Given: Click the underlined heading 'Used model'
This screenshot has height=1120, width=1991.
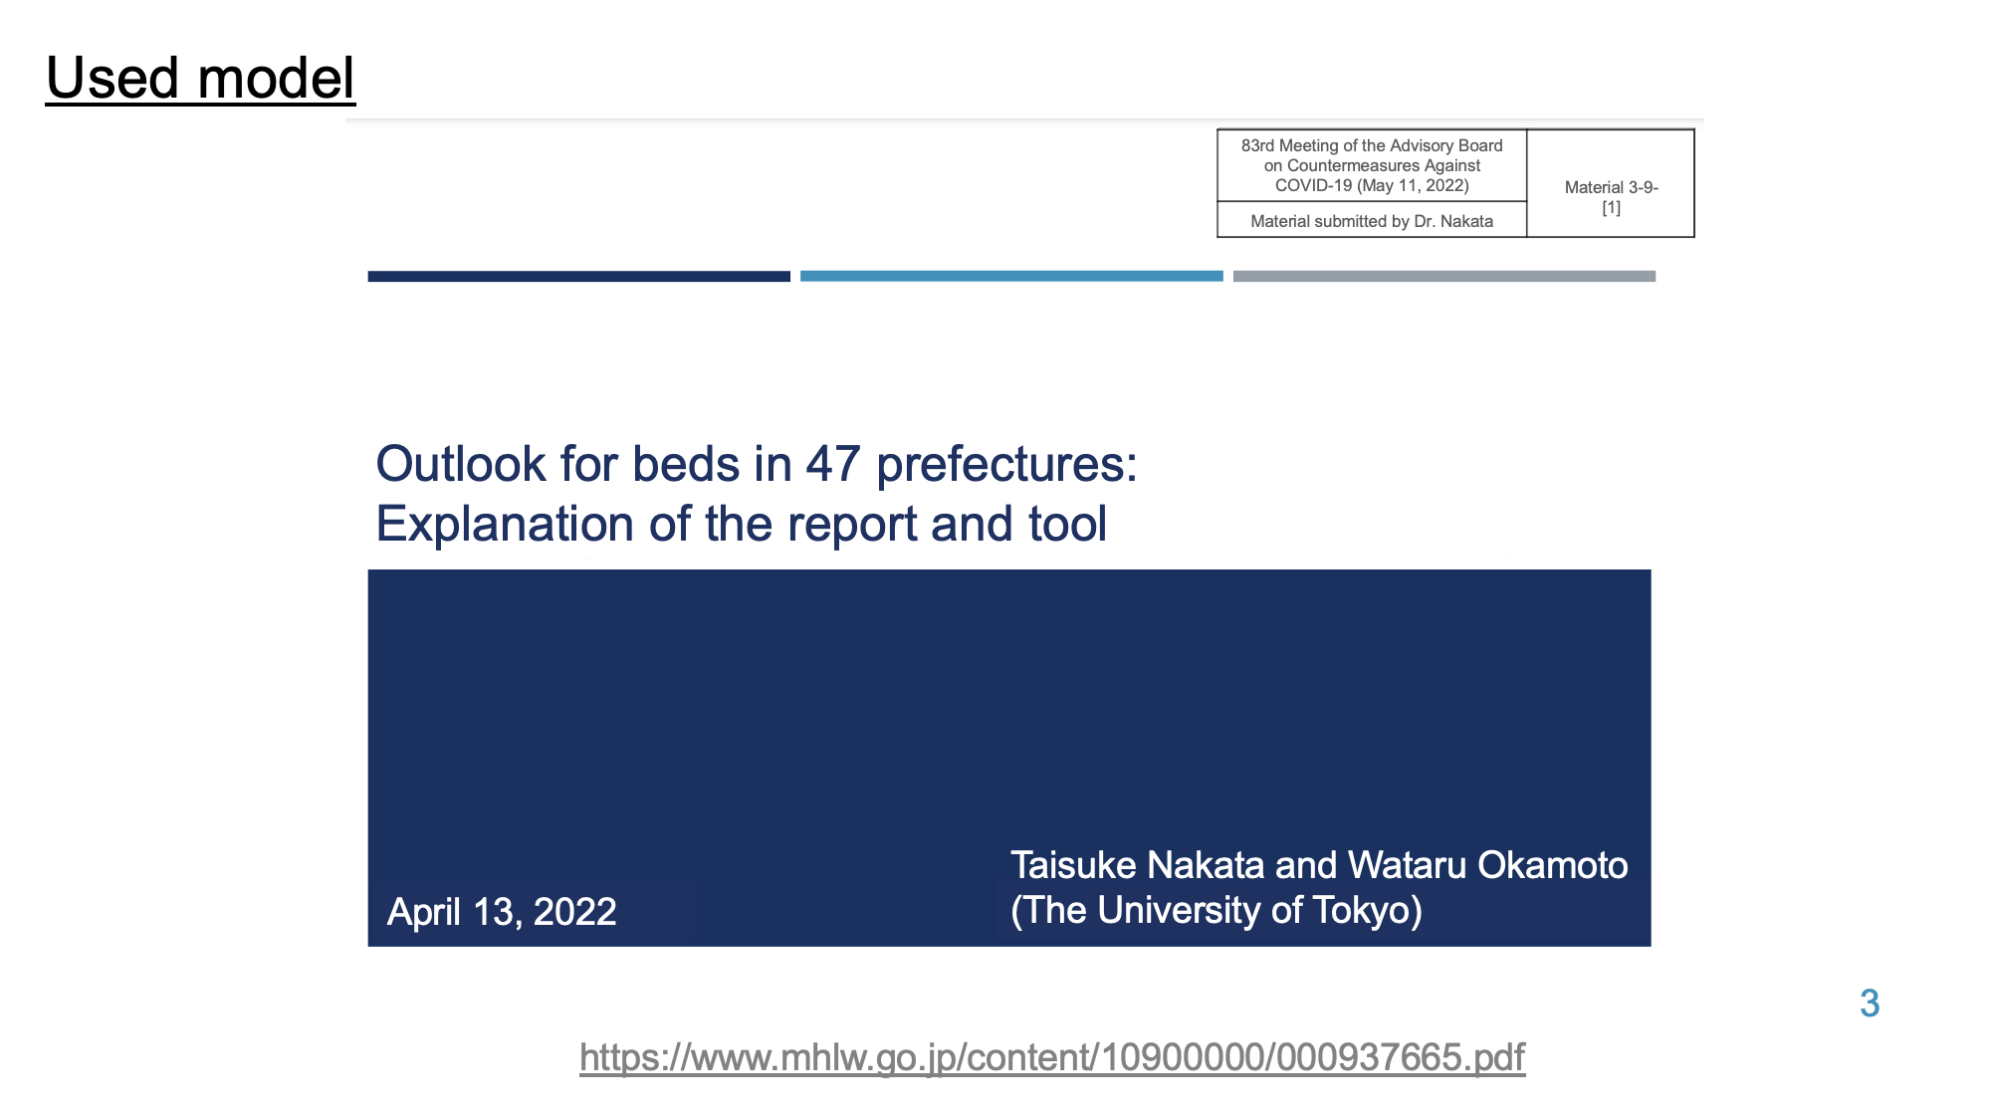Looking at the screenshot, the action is (x=200, y=78).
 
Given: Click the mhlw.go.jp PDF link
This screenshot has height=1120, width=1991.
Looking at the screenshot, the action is (x=1052, y=1057).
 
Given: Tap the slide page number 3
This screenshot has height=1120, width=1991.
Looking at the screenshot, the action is (x=1870, y=1003).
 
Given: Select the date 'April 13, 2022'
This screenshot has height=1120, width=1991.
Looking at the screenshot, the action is (x=502, y=912).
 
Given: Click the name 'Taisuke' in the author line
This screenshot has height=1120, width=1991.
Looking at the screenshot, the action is (x=1073, y=865).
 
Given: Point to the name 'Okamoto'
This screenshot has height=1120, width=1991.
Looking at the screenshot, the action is (x=1553, y=865).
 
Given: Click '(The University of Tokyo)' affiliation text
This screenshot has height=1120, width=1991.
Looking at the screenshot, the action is (x=1217, y=910).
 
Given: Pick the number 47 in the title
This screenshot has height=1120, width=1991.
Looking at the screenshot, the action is (x=833, y=464).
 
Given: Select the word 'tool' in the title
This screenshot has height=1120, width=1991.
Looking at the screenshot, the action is (x=1067, y=524).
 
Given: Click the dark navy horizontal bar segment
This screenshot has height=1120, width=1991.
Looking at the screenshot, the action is (x=579, y=276).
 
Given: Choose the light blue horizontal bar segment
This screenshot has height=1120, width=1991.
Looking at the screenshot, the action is (x=1011, y=276).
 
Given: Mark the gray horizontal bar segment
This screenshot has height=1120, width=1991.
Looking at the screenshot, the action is (x=1444, y=276).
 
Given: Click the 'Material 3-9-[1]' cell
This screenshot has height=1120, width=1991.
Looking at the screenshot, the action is (x=1611, y=197).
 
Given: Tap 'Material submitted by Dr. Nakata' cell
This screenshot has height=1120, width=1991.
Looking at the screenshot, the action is (x=1372, y=221).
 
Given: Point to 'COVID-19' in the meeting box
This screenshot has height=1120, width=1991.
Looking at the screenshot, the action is (x=1314, y=185).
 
